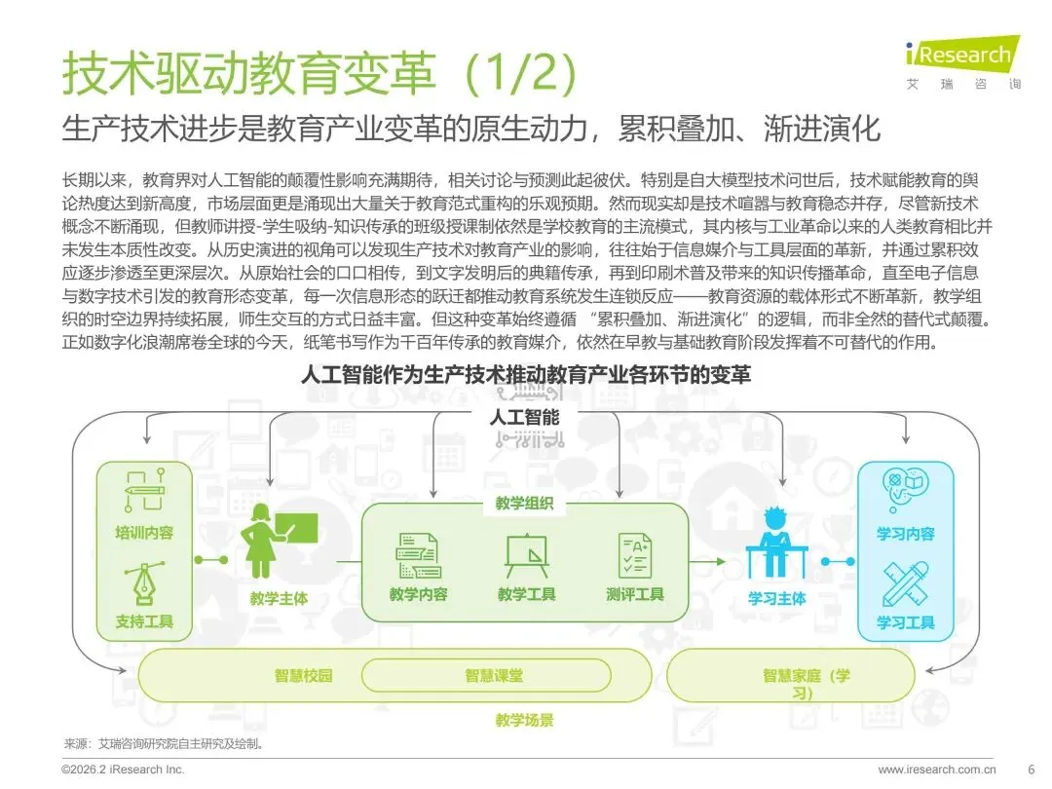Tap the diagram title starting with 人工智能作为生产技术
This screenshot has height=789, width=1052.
pyautogui.click(x=525, y=374)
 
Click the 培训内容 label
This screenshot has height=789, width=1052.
pyautogui.click(x=144, y=533)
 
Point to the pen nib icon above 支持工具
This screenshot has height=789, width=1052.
pyautogui.click(x=143, y=586)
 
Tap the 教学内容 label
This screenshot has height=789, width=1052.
pyautogui.click(x=419, y=594)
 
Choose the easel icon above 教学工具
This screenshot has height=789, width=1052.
pyautogui.click(x=527, y=556)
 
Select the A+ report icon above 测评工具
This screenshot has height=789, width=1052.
pyautogui.click(x=634, y=555)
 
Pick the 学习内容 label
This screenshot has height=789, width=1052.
pyautogui.click(x=905, y=534)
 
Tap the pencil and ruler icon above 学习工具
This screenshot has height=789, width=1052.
pyautogui.click(x=905, y=584)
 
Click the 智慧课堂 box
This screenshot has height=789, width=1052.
pyautogui.click(x=493, y=675)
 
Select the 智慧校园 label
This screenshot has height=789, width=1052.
pyautogui.click(x=304, y=675)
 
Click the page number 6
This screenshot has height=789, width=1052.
pyautogui.click(x=1031, y=770)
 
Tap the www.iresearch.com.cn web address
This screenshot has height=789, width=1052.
pyautogui.click(x=937, y=770)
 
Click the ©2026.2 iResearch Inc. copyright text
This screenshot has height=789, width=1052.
pyautogui.click(x=123, y=770)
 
